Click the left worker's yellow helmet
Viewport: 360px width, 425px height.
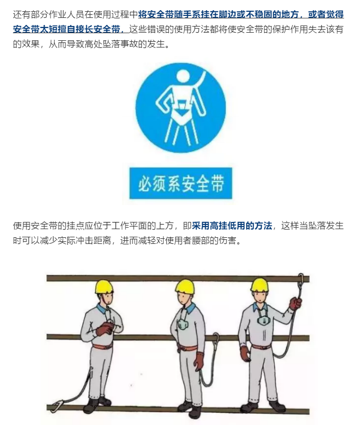coord(104,287)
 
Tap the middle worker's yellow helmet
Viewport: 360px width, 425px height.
coord(185,286)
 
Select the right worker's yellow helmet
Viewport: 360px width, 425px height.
coord(259,285)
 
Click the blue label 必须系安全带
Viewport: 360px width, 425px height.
coord(181,183)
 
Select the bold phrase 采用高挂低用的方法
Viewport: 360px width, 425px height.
coord(232,226)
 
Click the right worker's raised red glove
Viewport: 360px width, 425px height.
coord(295,304)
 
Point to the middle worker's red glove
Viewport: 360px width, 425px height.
coord(199,361)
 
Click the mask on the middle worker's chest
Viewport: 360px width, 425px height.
coord(182,325)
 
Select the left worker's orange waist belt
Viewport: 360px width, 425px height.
coord(102,347)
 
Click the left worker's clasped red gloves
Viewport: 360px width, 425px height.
coord(105,329)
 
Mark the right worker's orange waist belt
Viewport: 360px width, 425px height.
coord(261,347)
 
